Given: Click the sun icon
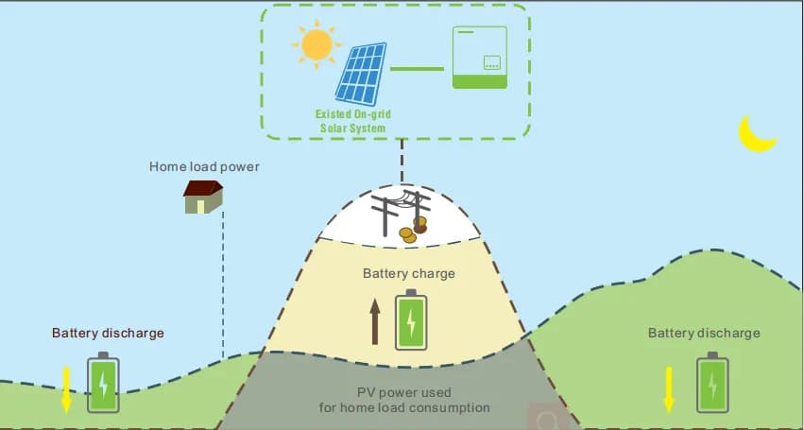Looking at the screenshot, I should click(x=316, y=43).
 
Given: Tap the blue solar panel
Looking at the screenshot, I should click(x=361, y=73).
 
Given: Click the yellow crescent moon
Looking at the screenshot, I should click(x=756, y=134).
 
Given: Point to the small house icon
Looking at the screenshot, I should click(x=203, y=197).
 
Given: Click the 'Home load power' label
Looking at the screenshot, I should click(x=204, y=167).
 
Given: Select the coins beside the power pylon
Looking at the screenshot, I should click(x=413, y=230).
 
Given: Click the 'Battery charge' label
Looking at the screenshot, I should click(x=408, y=274).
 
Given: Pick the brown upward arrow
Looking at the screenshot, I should click(x=375, y=321).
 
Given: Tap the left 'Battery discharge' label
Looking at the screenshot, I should click(x=108, y=333).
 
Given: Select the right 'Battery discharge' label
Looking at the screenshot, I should click(x=704, y=333).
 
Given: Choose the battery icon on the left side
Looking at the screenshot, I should click(x=103, y=383).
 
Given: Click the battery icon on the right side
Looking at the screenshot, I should click(x=712, y=383).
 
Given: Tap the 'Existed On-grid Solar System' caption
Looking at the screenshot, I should click(x=351, y=121).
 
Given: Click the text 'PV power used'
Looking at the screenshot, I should click(x=403, y=392).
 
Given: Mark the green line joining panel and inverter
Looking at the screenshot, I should click(x=417, y=69).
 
